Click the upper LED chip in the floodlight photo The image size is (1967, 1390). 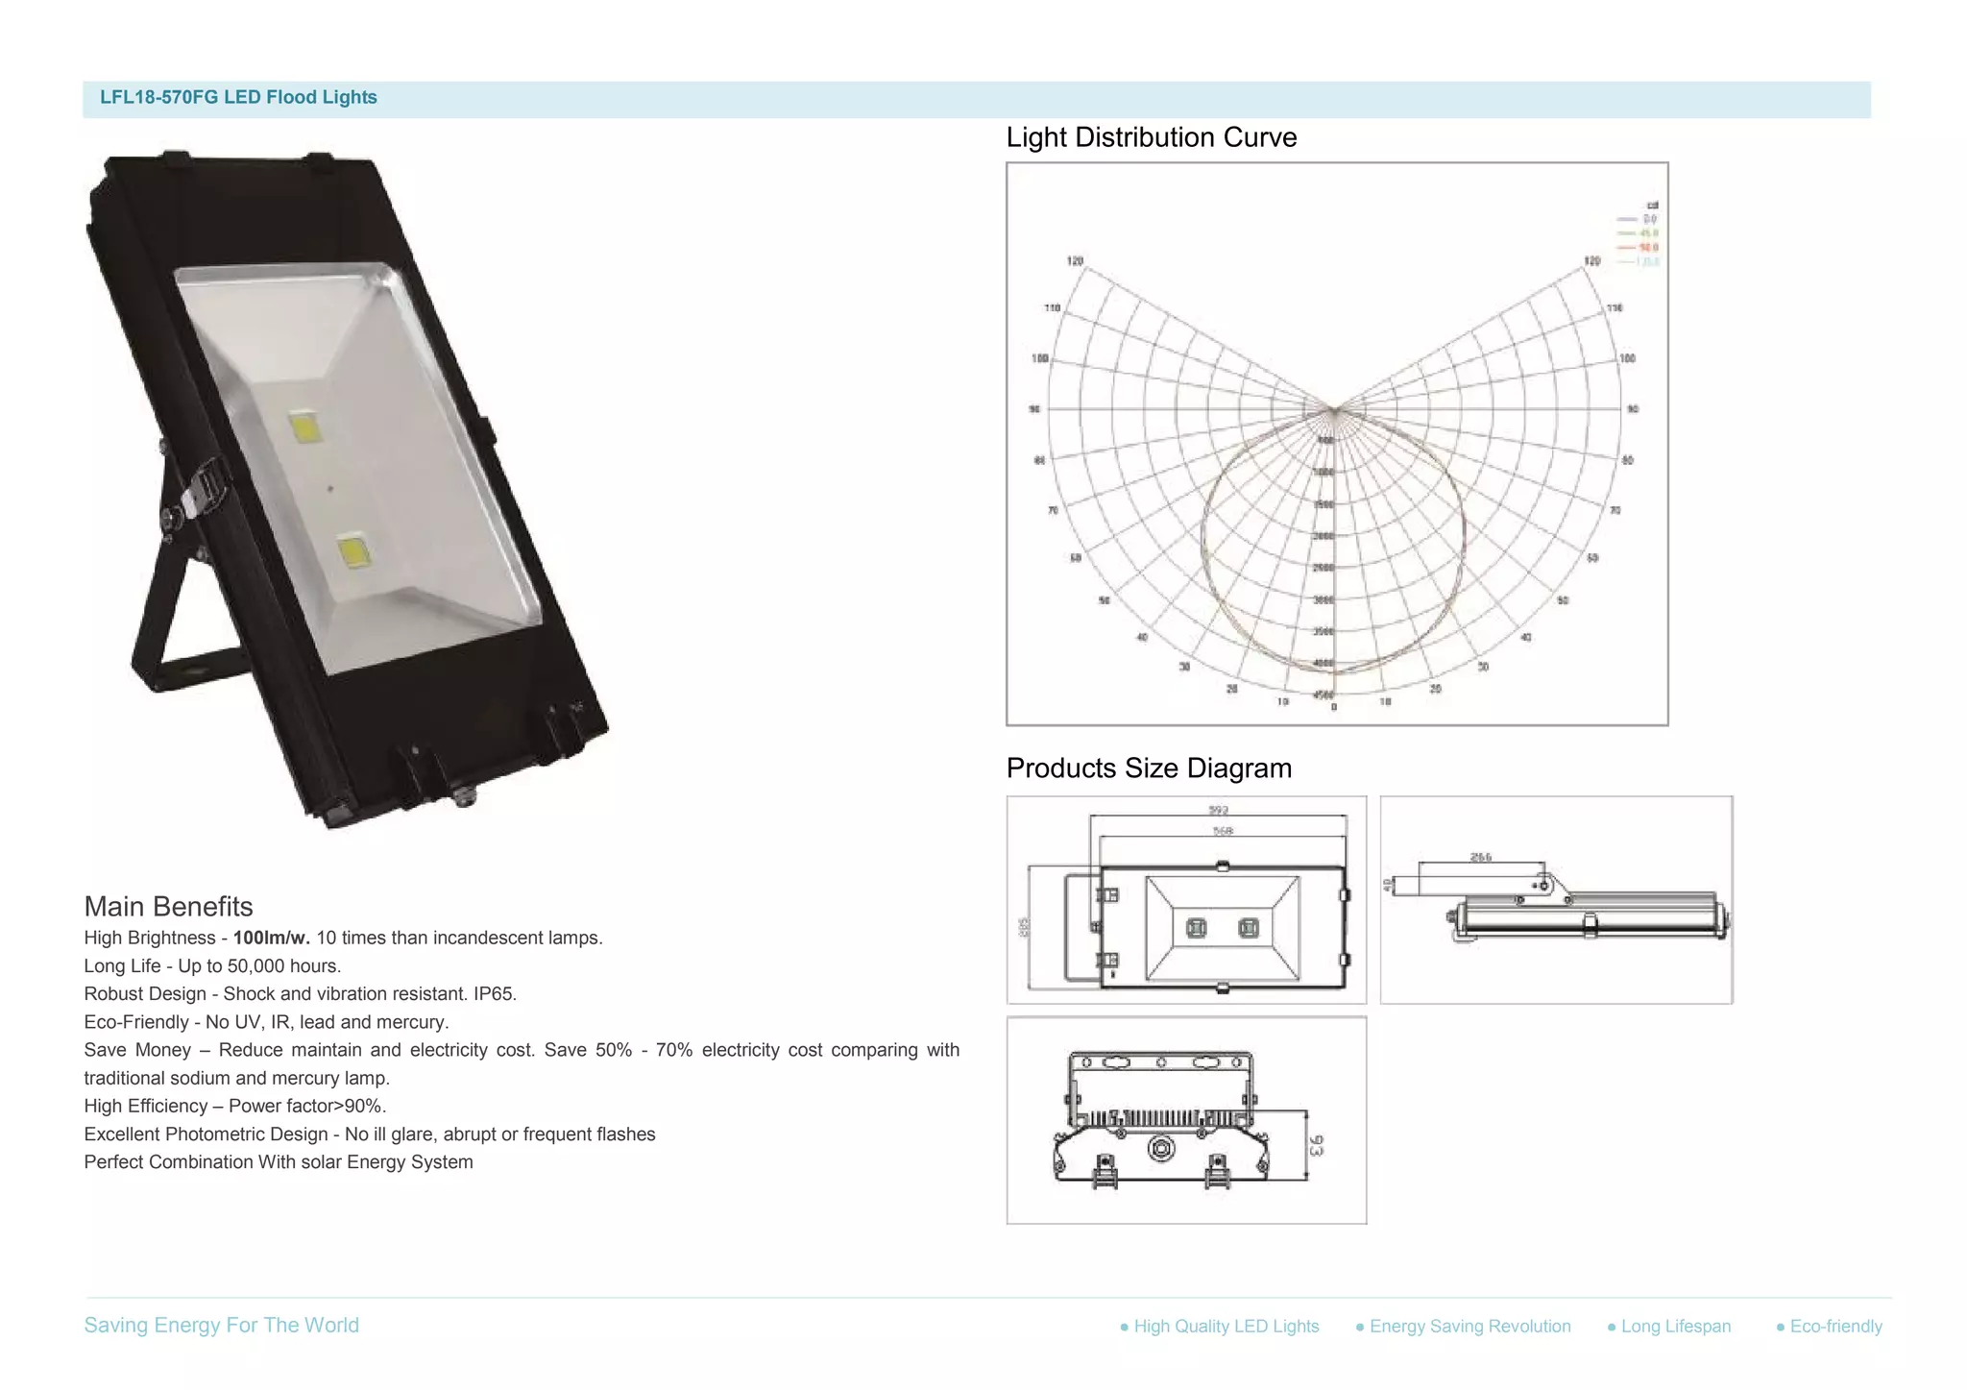tap(305, 426)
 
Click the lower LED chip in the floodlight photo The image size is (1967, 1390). tap(353, 552)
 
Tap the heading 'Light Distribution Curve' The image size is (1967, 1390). tap(1151, 137)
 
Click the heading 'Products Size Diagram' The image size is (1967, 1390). tap(1148, 768)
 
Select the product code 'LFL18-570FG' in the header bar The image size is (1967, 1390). tap(158, 97)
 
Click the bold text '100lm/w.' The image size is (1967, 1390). tap(271, 938)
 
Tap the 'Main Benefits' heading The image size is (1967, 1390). tap(168, 907)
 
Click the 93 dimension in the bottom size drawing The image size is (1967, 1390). tap(1316, 1145)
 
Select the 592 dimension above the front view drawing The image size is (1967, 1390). tap(1218, 810)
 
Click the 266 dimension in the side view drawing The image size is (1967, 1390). tap(1480, 857)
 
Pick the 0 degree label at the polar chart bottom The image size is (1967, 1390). tap(1333, 708)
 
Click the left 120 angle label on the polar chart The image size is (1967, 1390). tap(1075, 261)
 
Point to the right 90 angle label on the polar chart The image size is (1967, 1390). tap(1633, 409)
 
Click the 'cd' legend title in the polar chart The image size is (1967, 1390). tap(1652, 206)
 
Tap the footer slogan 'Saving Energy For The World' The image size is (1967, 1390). tap(221, 1326)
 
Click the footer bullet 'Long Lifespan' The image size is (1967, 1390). tap(1675, 1327)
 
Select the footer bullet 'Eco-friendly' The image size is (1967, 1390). tap(1834, 1327)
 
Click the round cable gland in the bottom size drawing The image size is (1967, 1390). tap(1161, 1149)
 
